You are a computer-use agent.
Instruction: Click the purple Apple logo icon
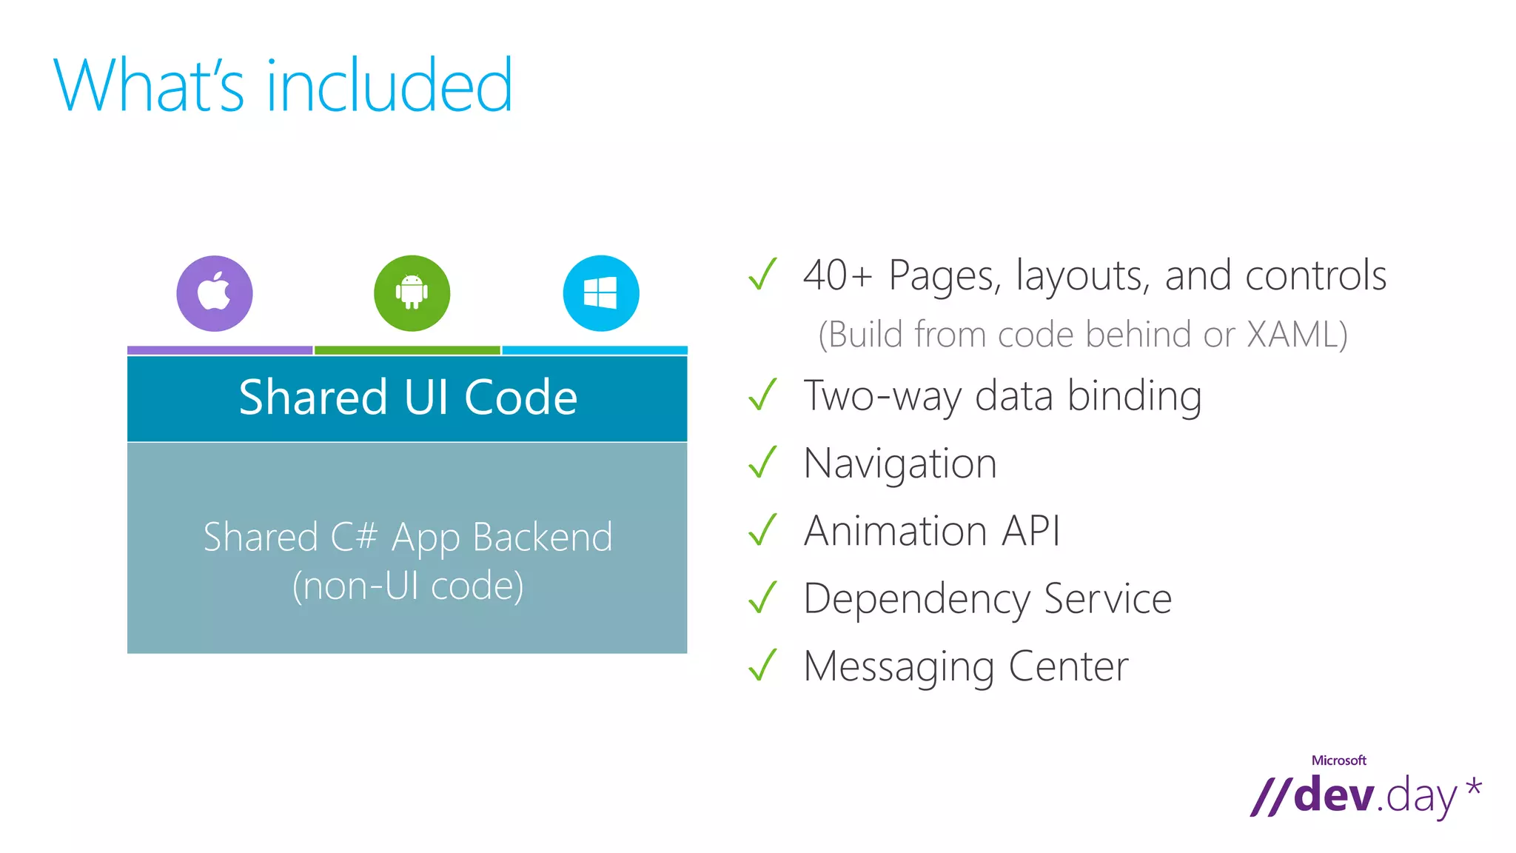click(214, 293)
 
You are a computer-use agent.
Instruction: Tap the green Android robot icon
click(412, 293)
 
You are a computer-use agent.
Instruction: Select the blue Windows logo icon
click(600, 293)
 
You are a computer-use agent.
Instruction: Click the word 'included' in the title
click(389, 86)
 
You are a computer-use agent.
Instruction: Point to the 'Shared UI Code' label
click(408, 398)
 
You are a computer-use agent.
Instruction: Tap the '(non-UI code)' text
click(408, 586)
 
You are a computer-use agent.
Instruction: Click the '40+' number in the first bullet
click(837, 275)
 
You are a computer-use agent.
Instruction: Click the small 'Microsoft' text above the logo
click(1338, 760)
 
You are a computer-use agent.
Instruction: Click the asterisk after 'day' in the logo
click(1474, 787)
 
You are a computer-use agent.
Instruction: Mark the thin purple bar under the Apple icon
click(220, 350)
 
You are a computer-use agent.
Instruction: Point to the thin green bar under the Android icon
click(407, 350)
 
